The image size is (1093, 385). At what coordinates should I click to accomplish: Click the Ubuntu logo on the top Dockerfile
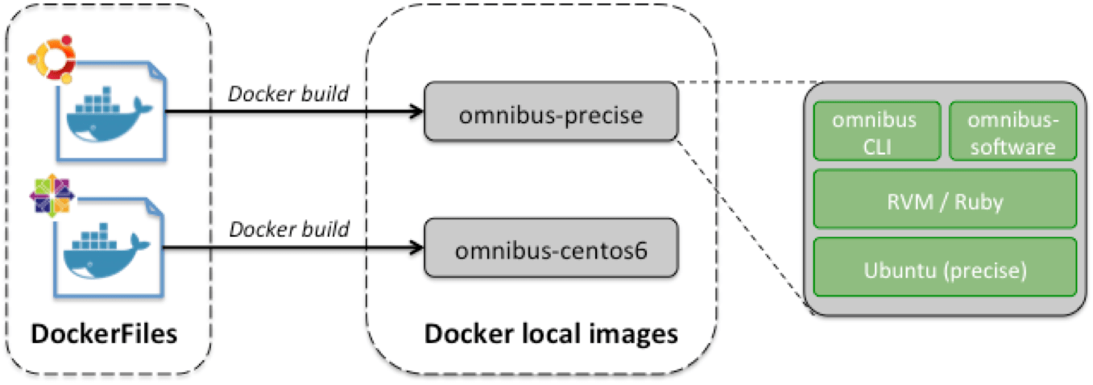point(51,59)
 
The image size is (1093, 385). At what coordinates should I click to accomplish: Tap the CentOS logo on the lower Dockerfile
point(51,196)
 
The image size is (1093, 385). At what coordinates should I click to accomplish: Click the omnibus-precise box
point(552,115)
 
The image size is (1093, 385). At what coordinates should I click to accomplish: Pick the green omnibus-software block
point(1012,130)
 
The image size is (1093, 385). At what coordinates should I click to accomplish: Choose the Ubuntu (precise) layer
point(944,267)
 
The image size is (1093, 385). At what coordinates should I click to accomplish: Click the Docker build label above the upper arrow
point(289,93)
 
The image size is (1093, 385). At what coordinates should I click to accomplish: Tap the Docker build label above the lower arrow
point(289,229)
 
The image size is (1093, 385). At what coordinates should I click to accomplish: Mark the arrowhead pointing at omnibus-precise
point(417,113)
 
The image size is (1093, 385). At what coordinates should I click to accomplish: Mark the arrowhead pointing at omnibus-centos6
point(417,248)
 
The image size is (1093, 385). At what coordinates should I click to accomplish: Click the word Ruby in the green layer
point(979,201)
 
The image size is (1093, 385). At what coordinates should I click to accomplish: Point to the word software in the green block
point(1012,147)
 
